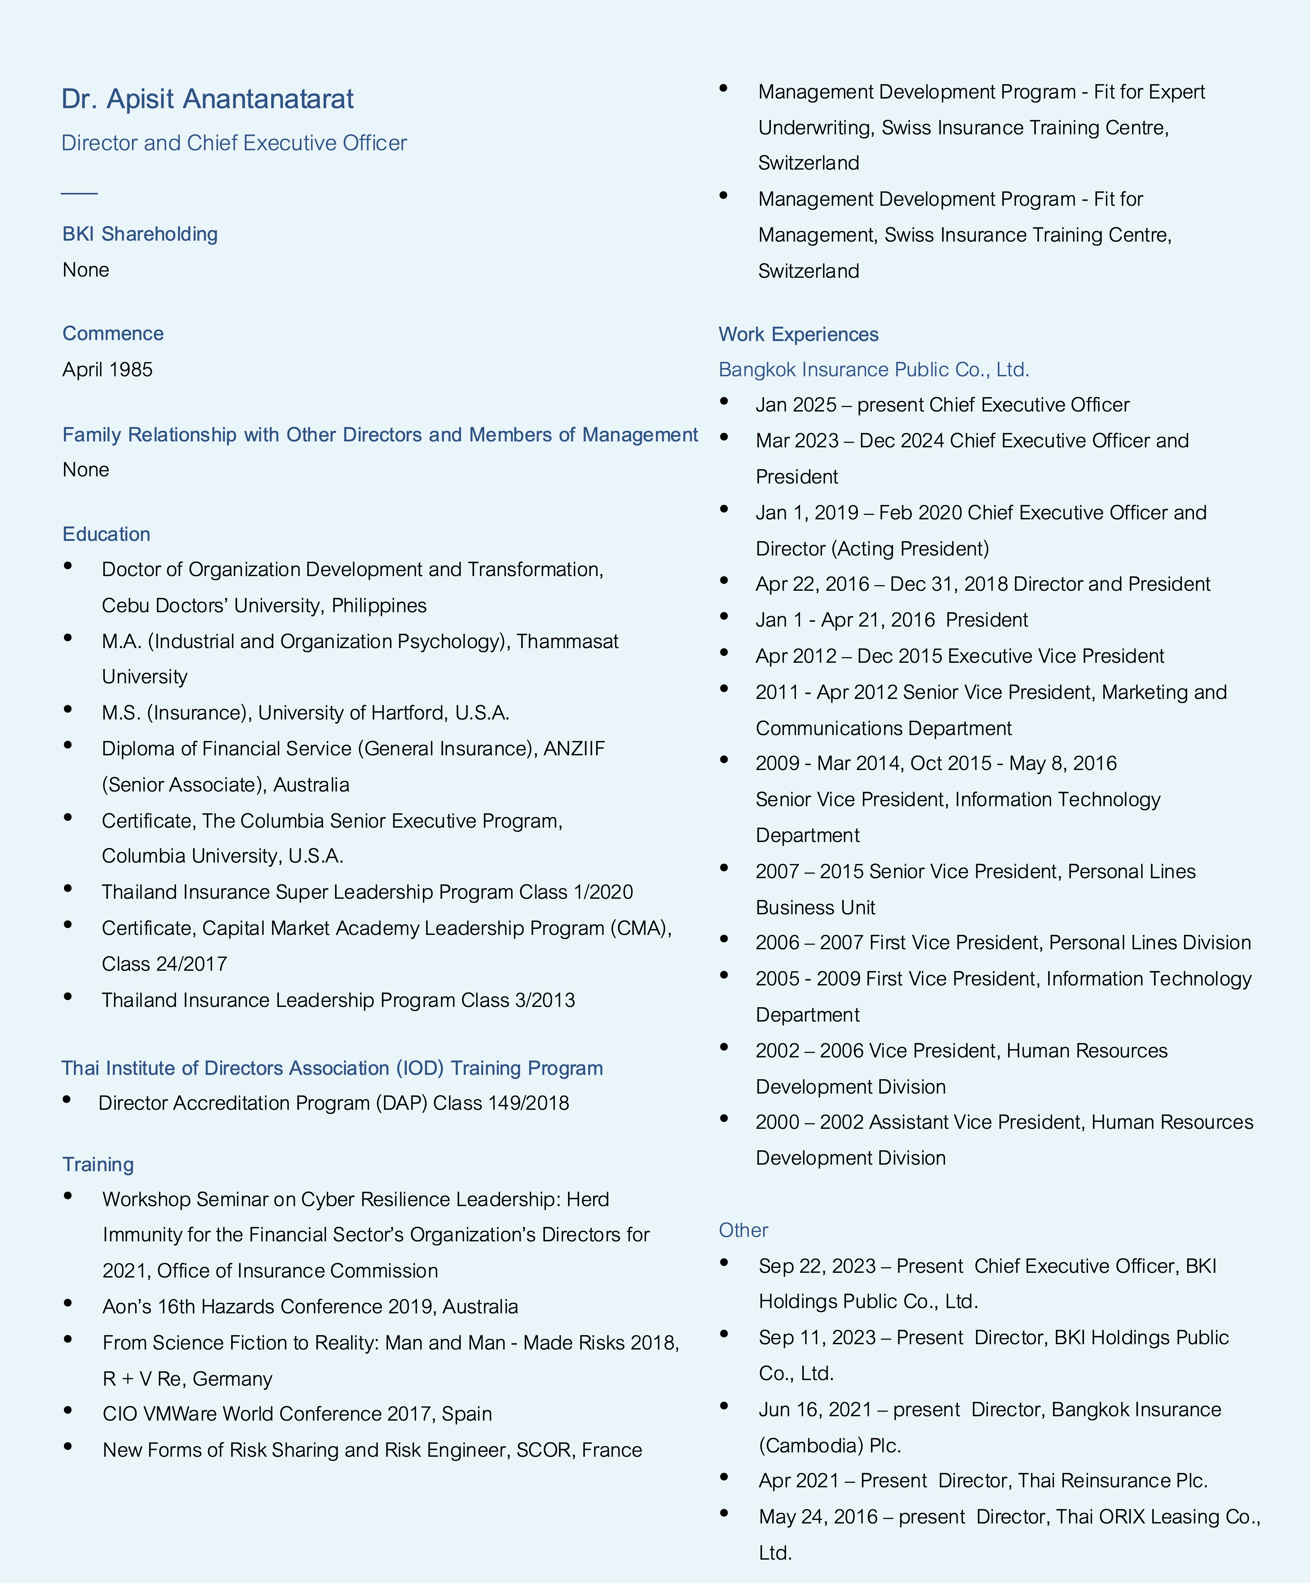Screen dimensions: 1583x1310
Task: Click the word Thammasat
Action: coord(567,642)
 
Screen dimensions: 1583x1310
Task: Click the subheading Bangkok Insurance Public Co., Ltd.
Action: coord(873,369)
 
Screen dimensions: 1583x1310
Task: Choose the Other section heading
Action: coord(743,1230)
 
